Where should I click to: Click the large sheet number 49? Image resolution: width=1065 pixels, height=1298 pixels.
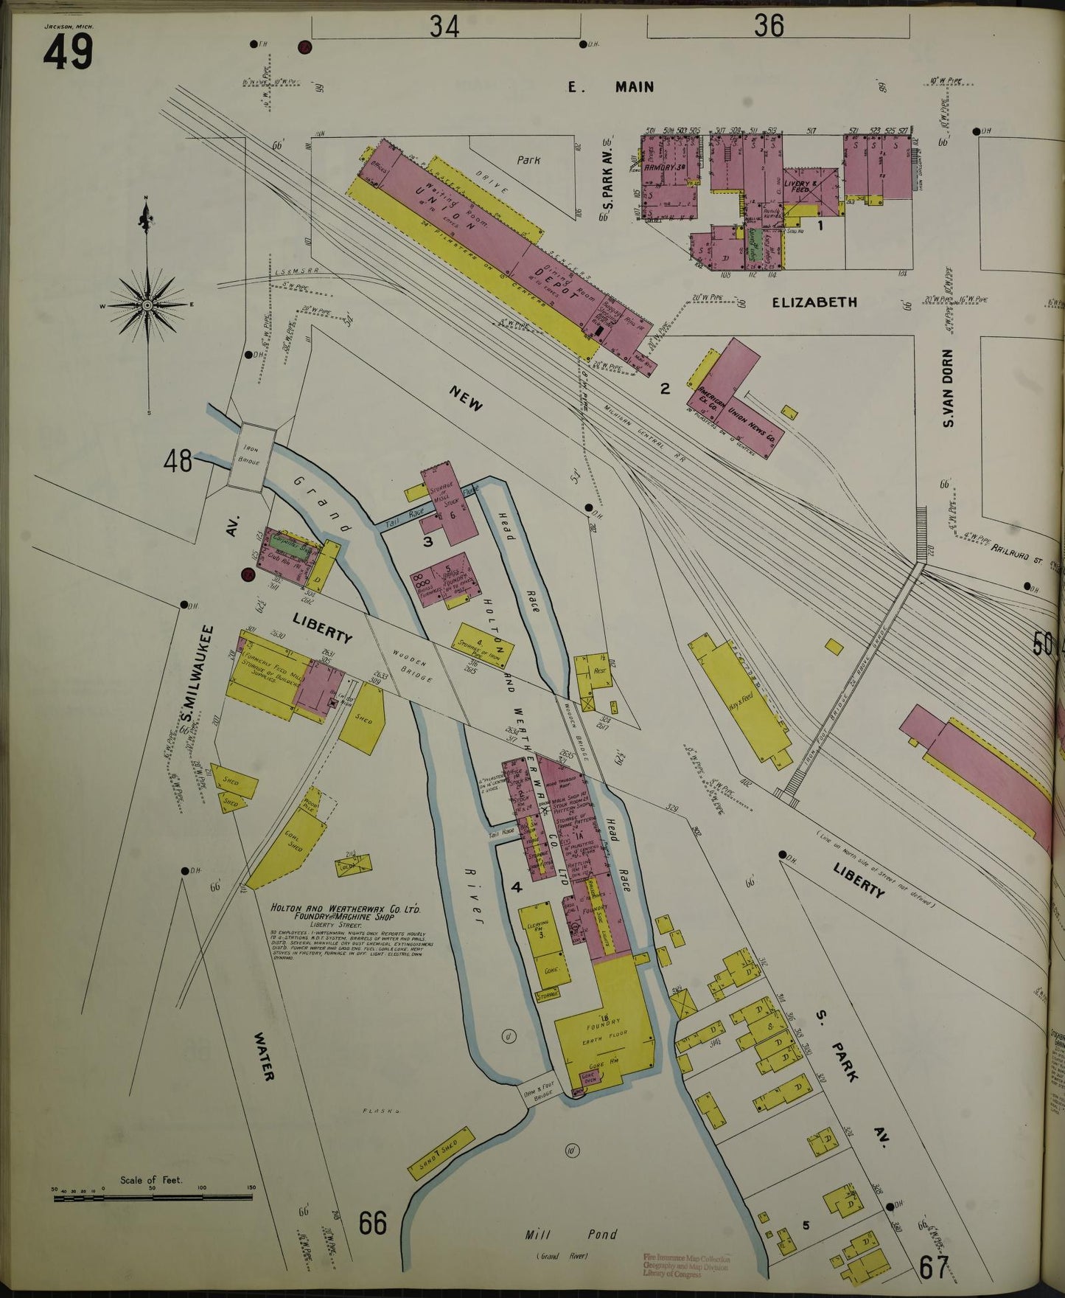[x=68, y=52]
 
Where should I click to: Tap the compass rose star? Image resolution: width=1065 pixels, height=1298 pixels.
[x=147, y=305]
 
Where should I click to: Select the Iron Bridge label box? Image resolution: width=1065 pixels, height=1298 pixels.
[x=251, y=458]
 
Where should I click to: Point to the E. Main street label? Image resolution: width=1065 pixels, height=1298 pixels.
[x=611, y=87]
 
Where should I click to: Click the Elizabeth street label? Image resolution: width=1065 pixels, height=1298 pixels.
[x=814, y=302]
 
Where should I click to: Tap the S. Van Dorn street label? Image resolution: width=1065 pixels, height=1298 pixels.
[x=949, y=387]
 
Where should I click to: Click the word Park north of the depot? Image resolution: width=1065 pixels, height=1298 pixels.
[x=528, y=159]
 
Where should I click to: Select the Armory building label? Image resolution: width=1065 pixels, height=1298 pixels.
[x=666, y=167]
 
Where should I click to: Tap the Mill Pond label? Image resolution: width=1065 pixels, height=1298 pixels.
[x=571, y=1234]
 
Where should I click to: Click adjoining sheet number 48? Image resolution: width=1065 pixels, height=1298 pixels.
[x=178, y=462]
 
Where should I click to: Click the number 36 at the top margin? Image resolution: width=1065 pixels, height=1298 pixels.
[x=768, y=27]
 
